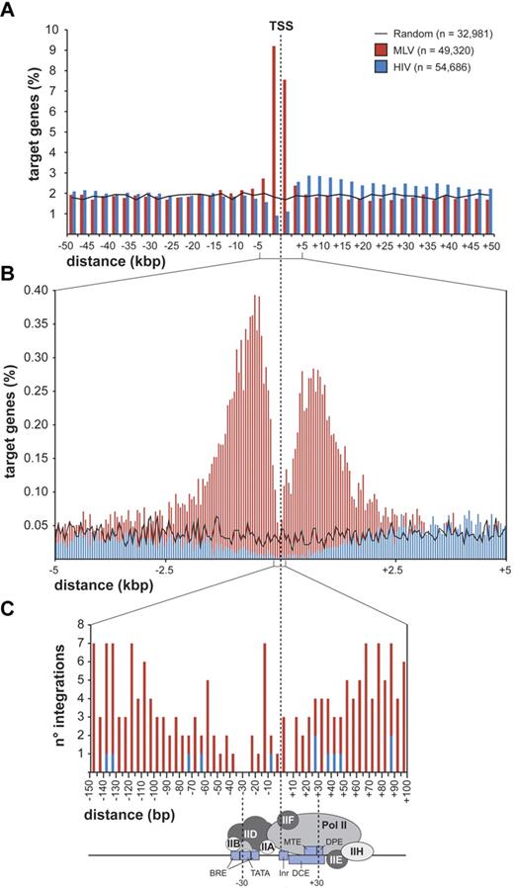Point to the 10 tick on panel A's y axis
pos(52,30)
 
